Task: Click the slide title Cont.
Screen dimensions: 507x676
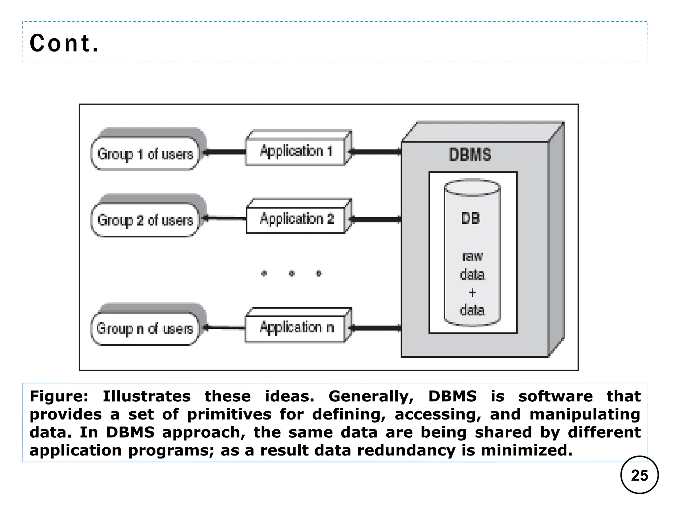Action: [64, 43]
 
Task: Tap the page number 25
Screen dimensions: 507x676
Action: [639, 475]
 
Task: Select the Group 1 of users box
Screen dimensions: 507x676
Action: [145, 154]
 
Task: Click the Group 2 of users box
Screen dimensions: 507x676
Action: [145, 220]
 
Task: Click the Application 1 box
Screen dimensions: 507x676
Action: [296, 151]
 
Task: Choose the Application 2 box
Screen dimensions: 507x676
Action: [296, 219]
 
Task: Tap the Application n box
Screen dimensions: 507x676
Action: [296, 327]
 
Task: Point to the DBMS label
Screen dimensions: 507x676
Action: [470, 154]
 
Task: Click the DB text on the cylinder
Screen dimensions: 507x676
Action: [470, 219]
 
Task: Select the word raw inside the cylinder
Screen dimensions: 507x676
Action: [472, 256]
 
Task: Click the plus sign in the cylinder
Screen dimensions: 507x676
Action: [472, 292]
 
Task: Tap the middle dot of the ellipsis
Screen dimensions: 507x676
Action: [291, 273]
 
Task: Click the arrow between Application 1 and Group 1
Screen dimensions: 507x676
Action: [224, 152]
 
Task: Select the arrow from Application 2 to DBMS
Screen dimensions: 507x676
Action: [376, 220]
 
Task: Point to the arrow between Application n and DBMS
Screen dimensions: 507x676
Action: [376, 328]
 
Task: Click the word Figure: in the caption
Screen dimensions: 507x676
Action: [59, 396]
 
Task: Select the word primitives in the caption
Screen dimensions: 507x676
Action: [229, 414]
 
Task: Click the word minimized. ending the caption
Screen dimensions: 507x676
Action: [526, 451]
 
